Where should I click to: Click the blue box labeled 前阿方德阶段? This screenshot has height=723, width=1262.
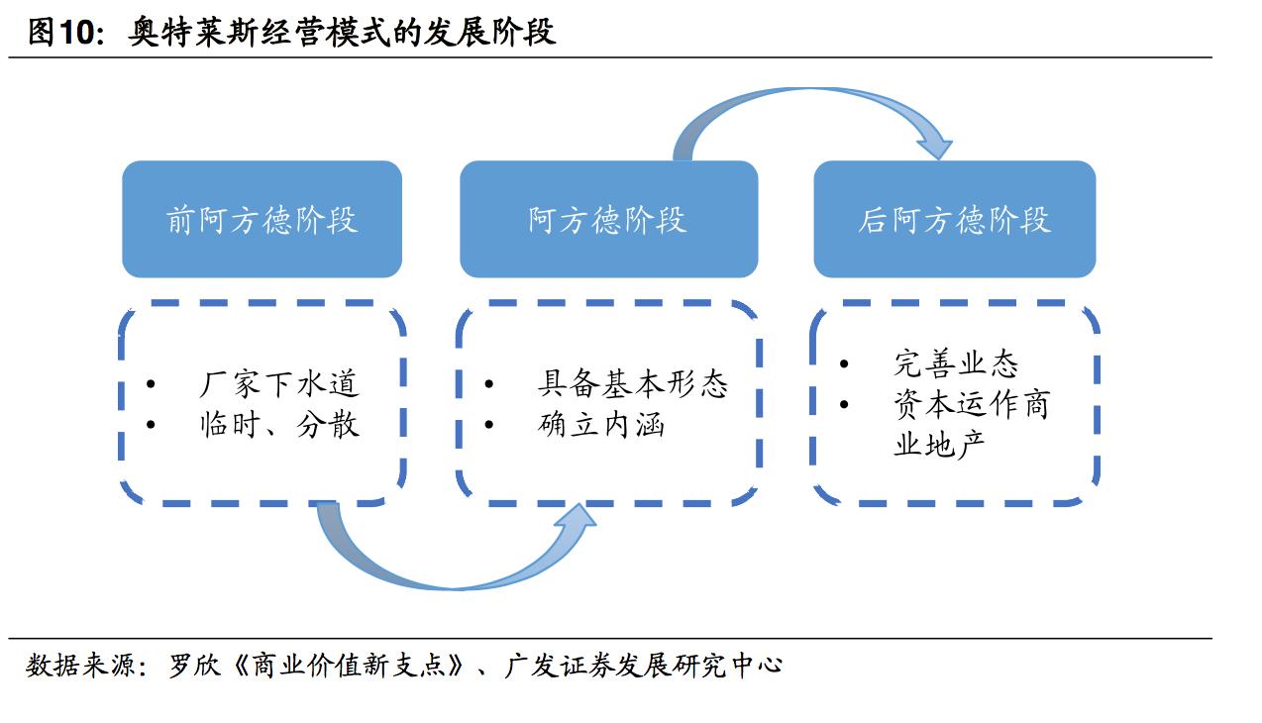[262, 220]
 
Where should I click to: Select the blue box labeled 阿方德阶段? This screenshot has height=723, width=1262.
[607, 220]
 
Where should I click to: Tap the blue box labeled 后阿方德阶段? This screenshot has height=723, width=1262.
[954, 220]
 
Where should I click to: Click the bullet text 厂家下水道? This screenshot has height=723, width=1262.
[278, 383]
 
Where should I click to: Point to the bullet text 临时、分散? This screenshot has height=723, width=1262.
[278, 424]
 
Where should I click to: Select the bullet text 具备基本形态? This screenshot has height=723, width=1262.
[632, 383]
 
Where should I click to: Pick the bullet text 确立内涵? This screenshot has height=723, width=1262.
[600, 424]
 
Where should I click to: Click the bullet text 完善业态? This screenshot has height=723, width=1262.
[955, 363]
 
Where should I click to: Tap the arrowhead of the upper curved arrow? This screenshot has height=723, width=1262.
[934, 146]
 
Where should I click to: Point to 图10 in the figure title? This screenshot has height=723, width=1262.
[64, 33]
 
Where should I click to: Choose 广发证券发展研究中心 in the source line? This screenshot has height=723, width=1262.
[643, 665]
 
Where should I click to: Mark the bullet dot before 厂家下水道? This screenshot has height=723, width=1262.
[151, 384]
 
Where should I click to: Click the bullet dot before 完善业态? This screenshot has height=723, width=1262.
[844, 364]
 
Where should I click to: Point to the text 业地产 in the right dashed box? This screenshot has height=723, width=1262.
[939, 445]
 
